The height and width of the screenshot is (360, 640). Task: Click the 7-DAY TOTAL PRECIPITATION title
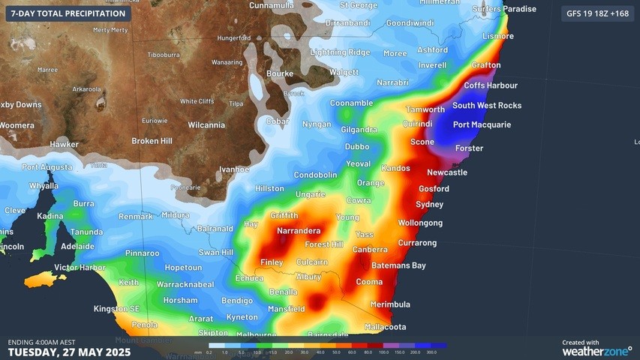click(x=68, y=13)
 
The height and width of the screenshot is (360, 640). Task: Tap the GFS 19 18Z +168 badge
click(x=597, y=13)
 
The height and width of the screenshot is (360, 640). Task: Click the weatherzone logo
click(x=596, y=350)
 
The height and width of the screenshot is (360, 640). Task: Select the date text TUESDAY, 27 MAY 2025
click(x=69, y=352)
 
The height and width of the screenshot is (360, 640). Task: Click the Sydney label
click(x=429, y=204)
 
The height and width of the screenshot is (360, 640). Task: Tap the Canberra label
click(x=370, y=249)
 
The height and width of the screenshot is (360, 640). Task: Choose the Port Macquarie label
click(x=482, y=124)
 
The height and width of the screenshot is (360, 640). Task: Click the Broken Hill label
click(x=152, y=141)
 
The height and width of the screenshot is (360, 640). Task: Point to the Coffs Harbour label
click(x=491, y=85)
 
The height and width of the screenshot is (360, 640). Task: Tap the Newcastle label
click(x=447, y=172)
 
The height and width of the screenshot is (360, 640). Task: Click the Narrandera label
click(x=299, y=231)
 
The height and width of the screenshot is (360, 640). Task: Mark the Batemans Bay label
click(x=398, y=265)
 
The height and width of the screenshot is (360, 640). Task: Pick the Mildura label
click(x=176, y=215)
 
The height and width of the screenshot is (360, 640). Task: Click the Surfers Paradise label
click(x=504, y=9)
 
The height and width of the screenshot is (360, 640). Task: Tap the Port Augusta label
click(x=47, y=167)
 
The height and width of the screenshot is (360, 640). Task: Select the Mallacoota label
click(x=385, y=326)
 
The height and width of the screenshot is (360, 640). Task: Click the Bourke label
click(x=279, y=73)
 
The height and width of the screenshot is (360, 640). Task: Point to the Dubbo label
click(x=357, y=146)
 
